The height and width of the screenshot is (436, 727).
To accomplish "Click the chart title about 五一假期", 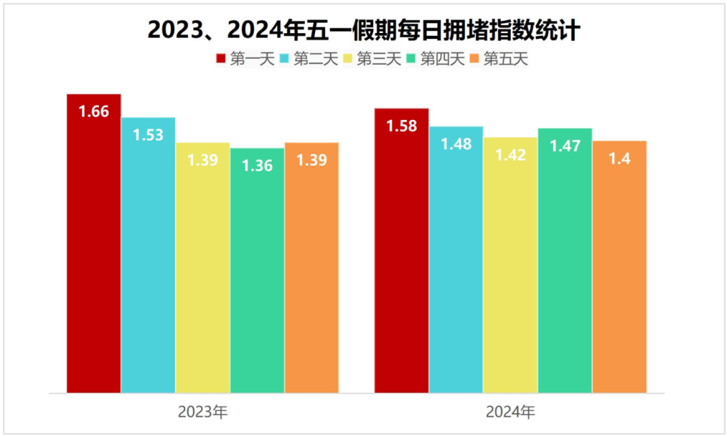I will (363, 30).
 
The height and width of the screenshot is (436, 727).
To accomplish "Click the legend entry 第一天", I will (246, 59).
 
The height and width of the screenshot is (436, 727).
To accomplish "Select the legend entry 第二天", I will (309, 59).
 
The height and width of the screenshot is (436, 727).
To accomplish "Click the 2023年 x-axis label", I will (203, 412).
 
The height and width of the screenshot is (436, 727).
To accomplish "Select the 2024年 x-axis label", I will (510, 412).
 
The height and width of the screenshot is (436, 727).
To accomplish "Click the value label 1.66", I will (94, 112).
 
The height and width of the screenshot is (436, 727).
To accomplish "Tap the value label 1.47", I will (565, 146).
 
